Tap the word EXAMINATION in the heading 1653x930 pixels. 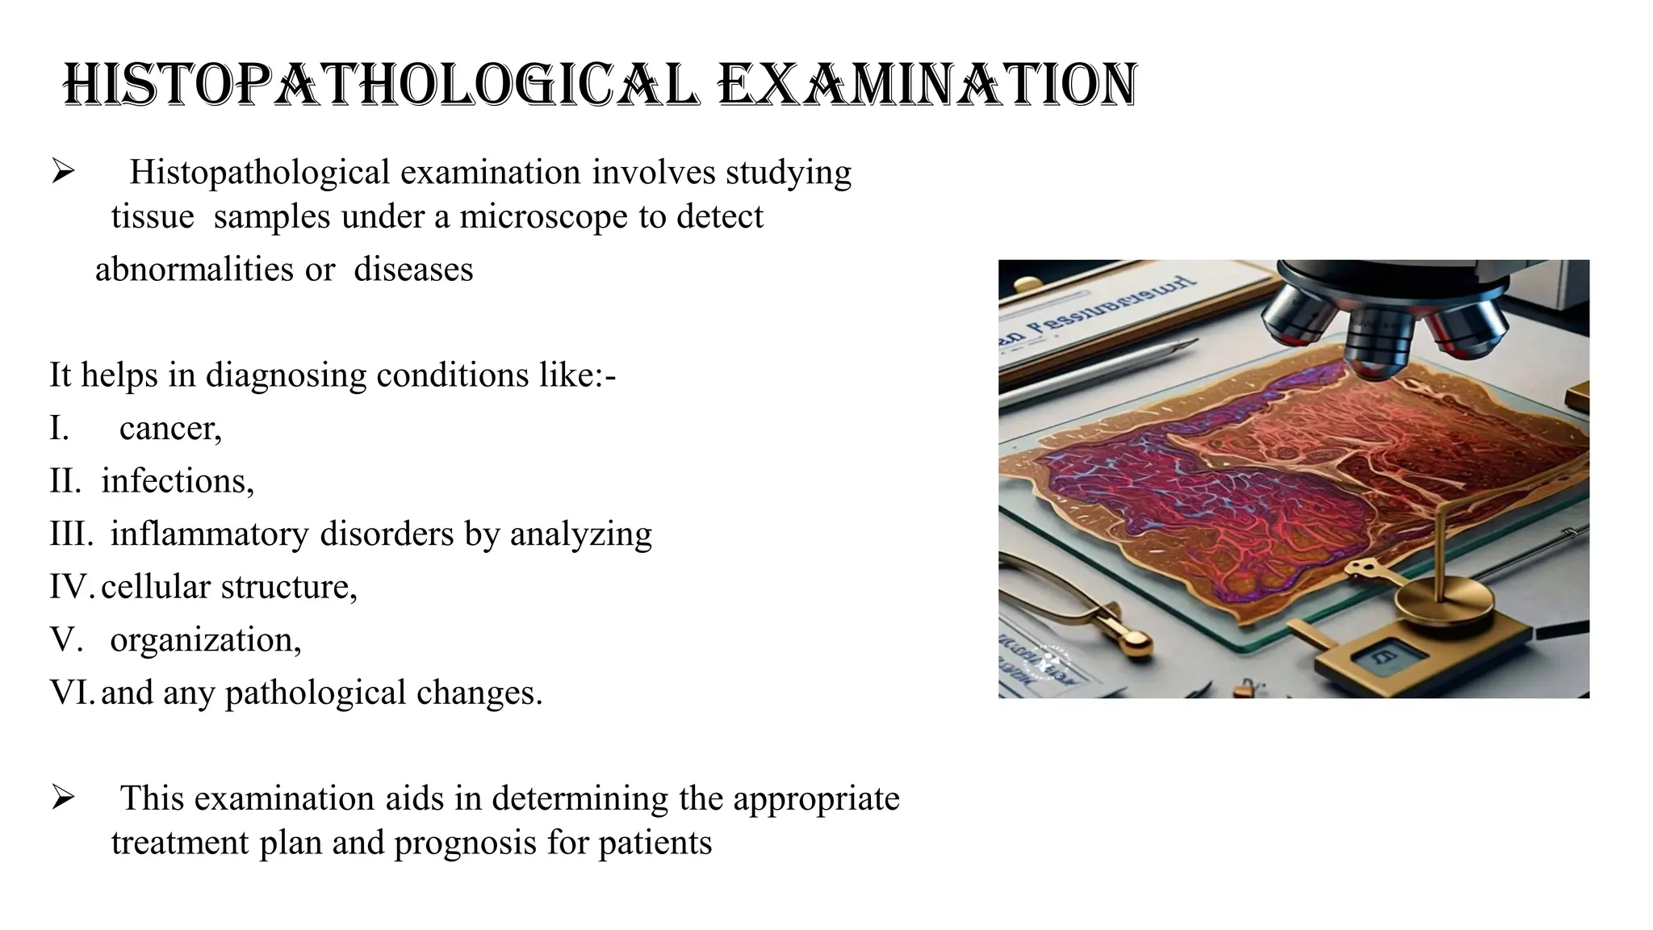pyautogui.click(x=927, y=85)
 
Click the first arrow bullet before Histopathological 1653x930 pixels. pyautogui.click(x=63, y=171)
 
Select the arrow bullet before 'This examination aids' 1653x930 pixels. pyautogui.click(x=63, y=798)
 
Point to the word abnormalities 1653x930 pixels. pyautogui.click(x=195, y=270)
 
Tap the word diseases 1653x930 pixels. pyautogui.click(x=413, y=270)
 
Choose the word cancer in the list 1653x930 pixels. pyautogui.click(x=169, y=428)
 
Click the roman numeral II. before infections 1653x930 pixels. pyautogui.click(x=65, y=481)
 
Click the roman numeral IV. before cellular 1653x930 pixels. pyautogui.click(x=71, y=587)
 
